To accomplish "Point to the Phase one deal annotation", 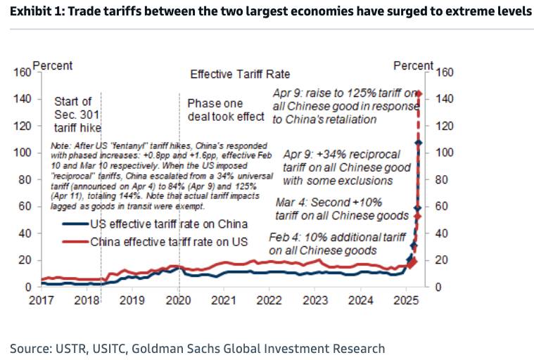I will (x=225, y=109).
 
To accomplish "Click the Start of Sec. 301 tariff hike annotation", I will (x=77, y=114).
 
